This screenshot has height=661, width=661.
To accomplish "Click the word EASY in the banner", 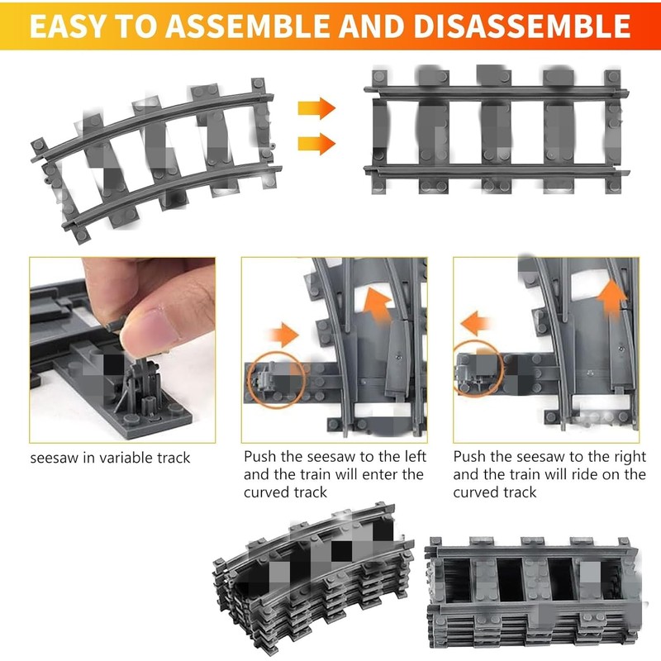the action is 67,26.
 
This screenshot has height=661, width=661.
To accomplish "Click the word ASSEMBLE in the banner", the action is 250,26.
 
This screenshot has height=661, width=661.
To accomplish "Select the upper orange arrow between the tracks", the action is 316,108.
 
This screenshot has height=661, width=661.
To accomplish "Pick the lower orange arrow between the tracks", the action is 316,144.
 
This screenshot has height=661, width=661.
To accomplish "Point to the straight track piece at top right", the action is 497,130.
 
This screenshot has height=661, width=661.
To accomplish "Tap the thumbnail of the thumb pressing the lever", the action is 122,350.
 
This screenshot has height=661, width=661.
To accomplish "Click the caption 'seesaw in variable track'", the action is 110,458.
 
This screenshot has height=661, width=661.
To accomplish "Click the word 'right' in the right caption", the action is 630,458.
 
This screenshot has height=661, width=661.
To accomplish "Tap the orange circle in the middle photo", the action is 276,379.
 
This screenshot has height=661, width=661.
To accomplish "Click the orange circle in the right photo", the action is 479,369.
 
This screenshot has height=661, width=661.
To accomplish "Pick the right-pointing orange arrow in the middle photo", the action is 284,335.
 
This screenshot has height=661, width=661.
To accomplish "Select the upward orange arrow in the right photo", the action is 612,298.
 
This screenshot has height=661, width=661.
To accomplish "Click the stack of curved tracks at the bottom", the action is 314,578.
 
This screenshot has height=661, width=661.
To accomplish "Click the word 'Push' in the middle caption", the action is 260,457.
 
